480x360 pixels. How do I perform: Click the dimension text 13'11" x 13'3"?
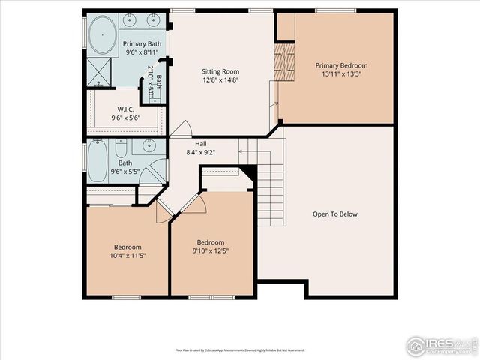[x=341, y=74]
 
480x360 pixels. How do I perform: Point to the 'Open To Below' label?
[x=335, y=214]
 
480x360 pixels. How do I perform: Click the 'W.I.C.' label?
[x=125, y=109]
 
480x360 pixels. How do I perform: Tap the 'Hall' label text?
[x=200, y=143]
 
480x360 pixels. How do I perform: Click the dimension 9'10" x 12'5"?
[x=211, y=251]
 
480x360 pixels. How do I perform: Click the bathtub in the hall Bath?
[x=97, y=160]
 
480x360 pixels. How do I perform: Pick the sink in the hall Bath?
[x=148, y=146]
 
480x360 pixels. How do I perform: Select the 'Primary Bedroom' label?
[x=341, y=65]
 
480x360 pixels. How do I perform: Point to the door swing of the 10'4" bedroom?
[x=161, y=212]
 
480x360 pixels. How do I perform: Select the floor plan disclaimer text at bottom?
[x=240, y=349]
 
